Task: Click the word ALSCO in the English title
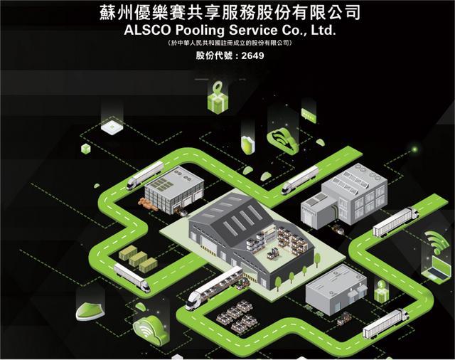point(147,30)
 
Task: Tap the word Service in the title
point(253,30)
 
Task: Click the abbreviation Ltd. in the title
point(323,30)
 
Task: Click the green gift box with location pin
point(218,97)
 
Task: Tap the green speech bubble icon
point(309,115)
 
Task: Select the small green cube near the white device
point(86,149)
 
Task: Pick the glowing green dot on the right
point(415,149)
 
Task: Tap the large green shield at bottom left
point(90,311)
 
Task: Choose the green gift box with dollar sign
point(381,291)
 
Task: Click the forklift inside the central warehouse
point(273,253)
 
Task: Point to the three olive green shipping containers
point(138,258)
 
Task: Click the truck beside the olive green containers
point(132,277)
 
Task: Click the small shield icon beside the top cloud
point(248,144)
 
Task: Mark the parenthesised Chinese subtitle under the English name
point(230,43)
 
